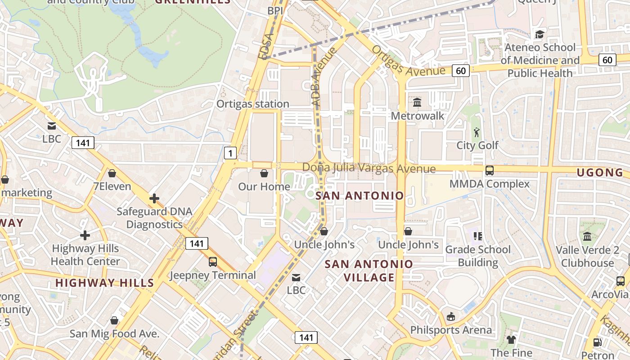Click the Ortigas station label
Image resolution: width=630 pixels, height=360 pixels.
point(252,104)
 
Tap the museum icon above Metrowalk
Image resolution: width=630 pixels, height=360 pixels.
point(417,103)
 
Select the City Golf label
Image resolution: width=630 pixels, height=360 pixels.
point(477,145)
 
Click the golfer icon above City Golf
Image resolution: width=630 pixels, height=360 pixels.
point(477,132)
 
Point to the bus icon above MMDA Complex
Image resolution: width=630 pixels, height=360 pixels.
point(489,171)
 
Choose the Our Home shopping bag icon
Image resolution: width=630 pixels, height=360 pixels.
point(264,173)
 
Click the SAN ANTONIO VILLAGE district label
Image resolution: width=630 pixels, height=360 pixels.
point(369,271)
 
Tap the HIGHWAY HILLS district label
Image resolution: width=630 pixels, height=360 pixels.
point(104,283)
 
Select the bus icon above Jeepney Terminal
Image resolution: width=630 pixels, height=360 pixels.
point(212,261)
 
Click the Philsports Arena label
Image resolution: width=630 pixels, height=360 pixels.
point(451,330)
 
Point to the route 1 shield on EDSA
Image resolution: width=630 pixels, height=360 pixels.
point(230,153)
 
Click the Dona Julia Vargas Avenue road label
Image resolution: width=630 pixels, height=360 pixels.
point(369,168)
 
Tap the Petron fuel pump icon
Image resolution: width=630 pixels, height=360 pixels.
point(598,342)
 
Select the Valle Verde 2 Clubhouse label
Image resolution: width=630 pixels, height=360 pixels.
point(587,256)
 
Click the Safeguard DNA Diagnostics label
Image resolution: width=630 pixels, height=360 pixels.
point(154,218)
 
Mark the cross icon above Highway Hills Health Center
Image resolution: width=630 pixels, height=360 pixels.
point(85,235)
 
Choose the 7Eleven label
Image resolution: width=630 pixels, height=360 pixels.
point(112,186)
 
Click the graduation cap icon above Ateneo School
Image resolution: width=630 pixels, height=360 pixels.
point(539,34)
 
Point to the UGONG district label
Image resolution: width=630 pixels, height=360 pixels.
point(600,173)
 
